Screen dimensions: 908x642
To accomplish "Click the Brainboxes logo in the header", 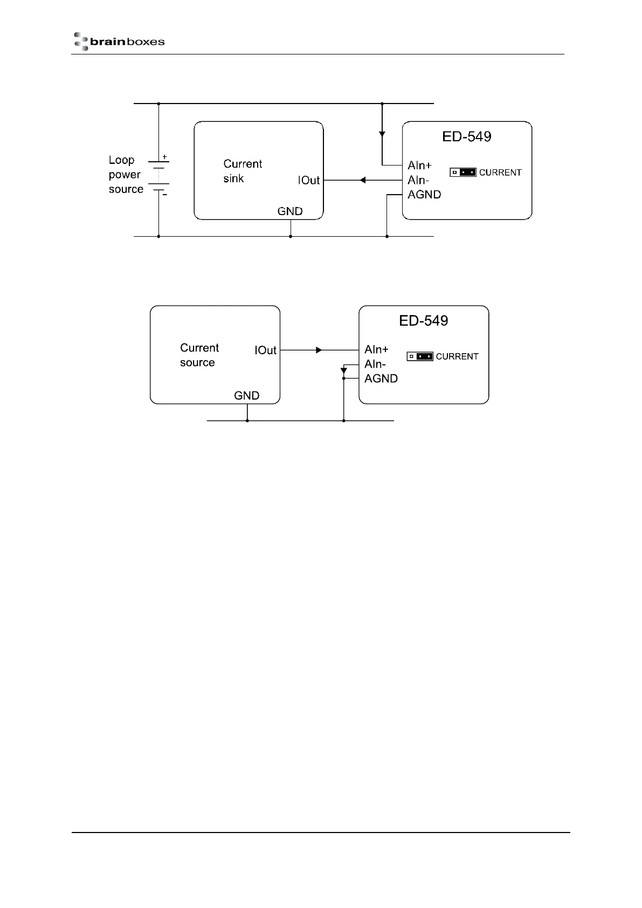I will point(119,42).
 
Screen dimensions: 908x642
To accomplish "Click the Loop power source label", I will point(126,175).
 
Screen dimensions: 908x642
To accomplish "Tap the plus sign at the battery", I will point(165,157).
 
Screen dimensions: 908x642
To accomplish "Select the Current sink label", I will point(243,171).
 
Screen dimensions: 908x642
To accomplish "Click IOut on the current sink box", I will point(309,181).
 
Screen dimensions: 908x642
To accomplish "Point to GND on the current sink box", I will point(290,211).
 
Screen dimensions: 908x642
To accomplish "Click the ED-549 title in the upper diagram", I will point(467,136).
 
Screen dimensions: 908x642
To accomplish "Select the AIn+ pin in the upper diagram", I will point(419,166).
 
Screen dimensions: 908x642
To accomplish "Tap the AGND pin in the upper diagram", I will point(424,195).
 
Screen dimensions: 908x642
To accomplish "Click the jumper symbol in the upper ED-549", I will point(463,173).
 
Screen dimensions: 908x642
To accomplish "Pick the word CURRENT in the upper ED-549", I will point(500,173).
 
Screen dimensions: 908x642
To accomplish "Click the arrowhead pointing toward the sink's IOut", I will point(363,180).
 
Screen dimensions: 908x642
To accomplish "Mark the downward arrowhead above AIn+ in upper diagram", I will point(382,133).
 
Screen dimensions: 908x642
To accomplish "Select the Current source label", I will point(199,355).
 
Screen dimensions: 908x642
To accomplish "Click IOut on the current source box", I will point(266,350).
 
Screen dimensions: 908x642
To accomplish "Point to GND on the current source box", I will point(247,396).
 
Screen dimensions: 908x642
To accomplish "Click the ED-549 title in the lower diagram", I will point(424,321).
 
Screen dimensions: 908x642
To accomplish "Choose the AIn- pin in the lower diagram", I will point(375,364).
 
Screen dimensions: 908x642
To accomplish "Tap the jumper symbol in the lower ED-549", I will point(420,356).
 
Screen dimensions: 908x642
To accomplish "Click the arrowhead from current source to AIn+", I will point(319,350).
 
